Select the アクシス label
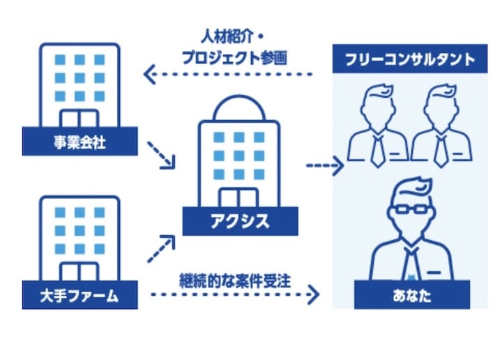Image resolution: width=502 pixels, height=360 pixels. pyautogui.click(x=240, y=222)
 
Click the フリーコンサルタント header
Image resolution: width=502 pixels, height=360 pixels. pyautogui.click(x=410, y=59)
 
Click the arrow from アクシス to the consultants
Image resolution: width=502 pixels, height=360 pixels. pyautogui.click(x=325, y=166)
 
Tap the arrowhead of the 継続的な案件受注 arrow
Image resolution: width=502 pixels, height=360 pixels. pyautogui.click(x=314, y=294)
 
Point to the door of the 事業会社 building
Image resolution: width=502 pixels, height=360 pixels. pyautogui.click(x=79, y=119)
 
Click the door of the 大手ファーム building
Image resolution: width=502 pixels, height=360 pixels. pyautogui.click(x=79, y=272)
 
